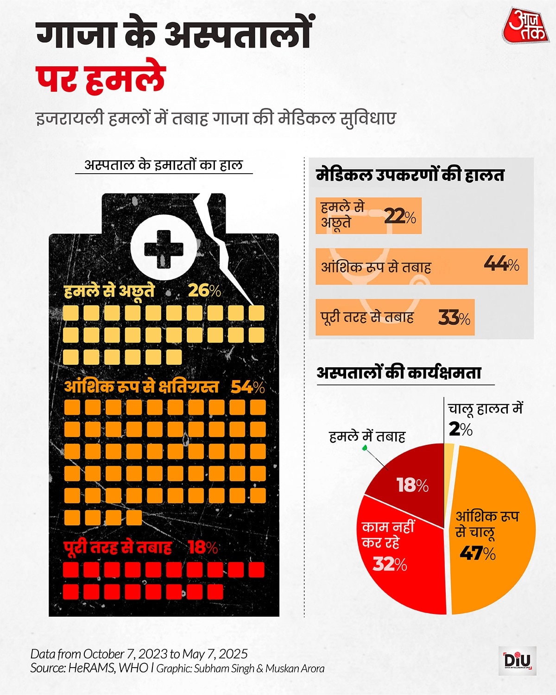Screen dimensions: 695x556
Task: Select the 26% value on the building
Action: (204, 290)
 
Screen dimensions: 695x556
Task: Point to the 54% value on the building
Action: (247, 387)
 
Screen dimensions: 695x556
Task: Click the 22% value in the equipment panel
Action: (400, 216)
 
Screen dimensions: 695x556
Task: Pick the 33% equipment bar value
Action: (454, 318)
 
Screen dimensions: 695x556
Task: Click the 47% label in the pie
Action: (478, 553)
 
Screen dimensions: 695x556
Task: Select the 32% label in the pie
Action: (390, 564)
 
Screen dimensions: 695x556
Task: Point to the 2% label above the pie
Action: (461, 429)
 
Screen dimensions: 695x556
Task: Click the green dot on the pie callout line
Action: (364, 448)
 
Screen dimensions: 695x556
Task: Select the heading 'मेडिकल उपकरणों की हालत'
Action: (410, 175)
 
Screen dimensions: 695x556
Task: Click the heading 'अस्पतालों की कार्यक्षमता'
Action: (399, 373)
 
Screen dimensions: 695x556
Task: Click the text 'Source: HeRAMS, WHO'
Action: (89, 668)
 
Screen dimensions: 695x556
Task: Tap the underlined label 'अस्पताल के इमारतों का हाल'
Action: (164, 165)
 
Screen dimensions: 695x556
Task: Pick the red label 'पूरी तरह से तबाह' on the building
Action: (118, 548)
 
